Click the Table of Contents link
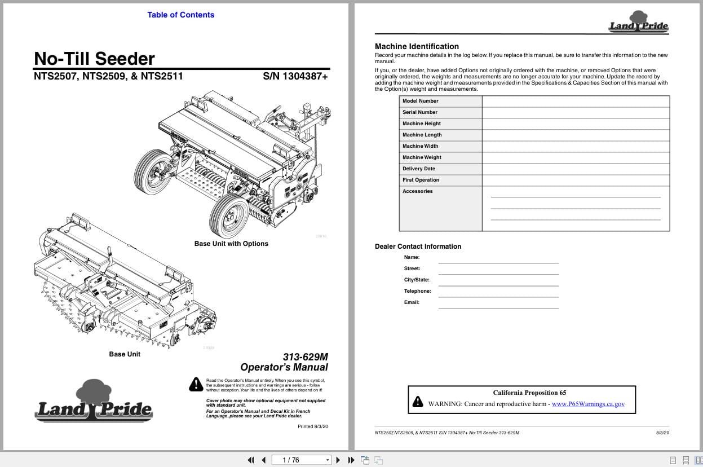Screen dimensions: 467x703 tap(180, 15)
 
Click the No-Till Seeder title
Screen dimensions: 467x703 tap(94, 59)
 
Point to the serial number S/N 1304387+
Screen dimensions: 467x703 tap(295, 76)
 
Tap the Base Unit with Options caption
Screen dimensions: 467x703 tap(231, 244)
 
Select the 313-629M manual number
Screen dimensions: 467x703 tap(305, 356)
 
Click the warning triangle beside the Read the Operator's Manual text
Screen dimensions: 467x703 tap(196, 384)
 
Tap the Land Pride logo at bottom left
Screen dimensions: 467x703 tap(94, 402)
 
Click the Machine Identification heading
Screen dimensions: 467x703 tap(417, 46)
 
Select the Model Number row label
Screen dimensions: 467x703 tap(420, 101)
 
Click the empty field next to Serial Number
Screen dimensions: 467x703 tap(575, 112)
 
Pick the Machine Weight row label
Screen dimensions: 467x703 tap(422, 157)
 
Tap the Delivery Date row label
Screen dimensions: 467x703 tap(418, 169)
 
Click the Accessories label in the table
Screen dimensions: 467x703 tap(417, 191)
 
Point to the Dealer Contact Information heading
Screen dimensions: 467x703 tap(418, 246)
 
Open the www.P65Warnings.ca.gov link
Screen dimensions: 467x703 tap(588, 404)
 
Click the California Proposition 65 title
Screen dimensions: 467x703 tap(529, 393)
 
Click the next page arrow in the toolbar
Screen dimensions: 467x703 tap(338, 460)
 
